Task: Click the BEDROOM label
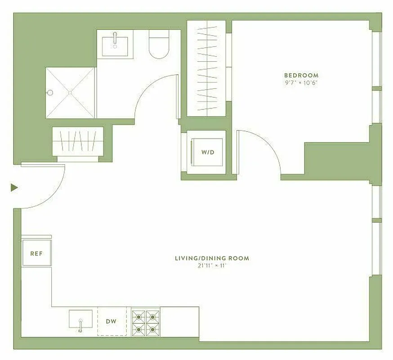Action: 301,75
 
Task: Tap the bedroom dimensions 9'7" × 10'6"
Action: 301,83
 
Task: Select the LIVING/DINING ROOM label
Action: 212,258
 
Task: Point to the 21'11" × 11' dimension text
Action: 212,265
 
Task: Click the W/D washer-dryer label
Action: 208,152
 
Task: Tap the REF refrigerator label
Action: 36,253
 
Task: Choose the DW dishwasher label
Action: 111,321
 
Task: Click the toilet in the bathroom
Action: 158,45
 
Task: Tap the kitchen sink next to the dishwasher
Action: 81,319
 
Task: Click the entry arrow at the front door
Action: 14,187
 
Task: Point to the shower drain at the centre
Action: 70,93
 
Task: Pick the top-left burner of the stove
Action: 138,316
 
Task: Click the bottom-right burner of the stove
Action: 152,329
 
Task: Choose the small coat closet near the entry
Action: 78,141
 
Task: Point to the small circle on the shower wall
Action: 50,93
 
